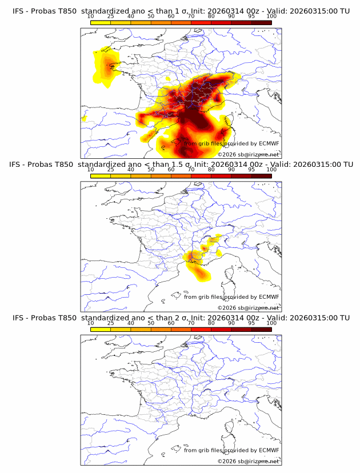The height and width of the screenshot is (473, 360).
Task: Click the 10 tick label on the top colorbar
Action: pos(91,16)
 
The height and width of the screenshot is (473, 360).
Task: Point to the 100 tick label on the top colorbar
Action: pos(271,16)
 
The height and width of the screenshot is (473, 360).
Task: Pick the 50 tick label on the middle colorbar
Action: pos(151,170)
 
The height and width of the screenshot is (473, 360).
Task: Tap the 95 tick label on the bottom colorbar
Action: pos(251,323)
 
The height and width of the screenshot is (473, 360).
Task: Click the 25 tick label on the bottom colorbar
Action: pos(111,323)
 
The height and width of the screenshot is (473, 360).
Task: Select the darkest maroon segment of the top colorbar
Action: pos(261,22)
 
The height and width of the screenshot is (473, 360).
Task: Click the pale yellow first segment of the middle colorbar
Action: pos(101,176)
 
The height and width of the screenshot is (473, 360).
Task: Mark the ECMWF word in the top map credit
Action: pos(269,143)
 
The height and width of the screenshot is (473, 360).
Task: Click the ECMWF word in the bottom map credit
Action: pos(269,450)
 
